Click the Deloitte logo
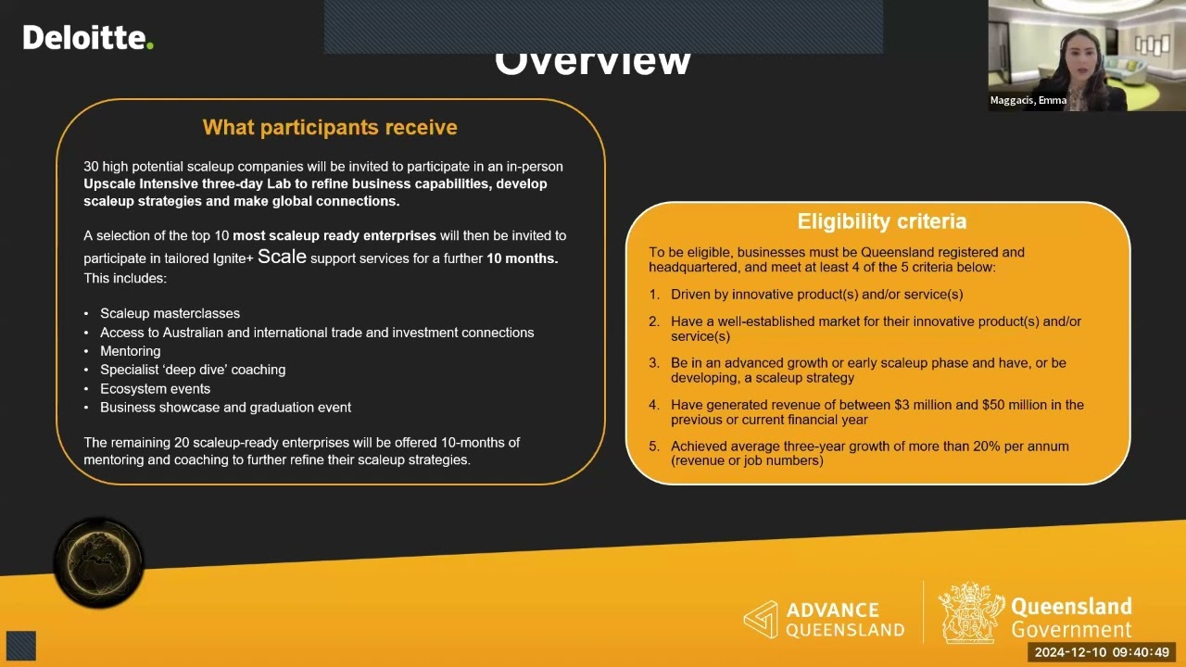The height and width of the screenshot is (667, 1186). click(88, 38)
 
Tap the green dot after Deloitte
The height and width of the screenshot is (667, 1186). click(150, 46)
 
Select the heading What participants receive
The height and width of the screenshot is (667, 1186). click(330, 128)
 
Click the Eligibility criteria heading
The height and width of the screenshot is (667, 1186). click(881, 221)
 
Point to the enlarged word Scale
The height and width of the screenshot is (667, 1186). click(282, 257)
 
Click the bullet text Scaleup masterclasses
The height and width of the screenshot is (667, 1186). click(170, 313)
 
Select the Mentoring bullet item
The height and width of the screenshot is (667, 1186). click(131, 351)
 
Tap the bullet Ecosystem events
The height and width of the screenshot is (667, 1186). click(155, 388)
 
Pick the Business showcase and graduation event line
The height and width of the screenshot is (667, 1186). click(225, 408)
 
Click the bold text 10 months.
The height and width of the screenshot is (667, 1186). click(522, 258)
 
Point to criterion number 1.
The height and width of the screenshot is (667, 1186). click(654, 295)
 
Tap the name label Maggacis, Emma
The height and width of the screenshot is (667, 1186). click(1028, 100)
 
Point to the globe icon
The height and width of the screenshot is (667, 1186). click(98, 562)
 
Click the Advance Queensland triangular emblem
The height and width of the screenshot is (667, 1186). click(761, 619)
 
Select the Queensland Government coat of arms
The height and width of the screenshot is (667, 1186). click(971, 612)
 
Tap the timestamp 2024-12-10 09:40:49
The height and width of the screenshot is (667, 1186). click(1102, 653)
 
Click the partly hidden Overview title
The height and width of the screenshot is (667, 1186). click(592, 63)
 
